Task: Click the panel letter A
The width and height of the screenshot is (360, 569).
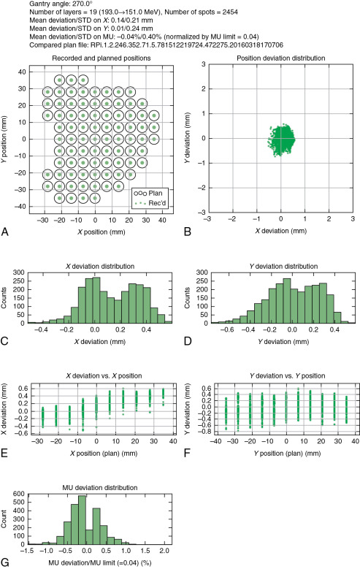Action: [x=5, y=232]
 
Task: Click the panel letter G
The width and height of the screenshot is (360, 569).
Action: [x=5, y=562]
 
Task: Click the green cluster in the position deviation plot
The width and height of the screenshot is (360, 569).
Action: [x=281, y=139]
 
